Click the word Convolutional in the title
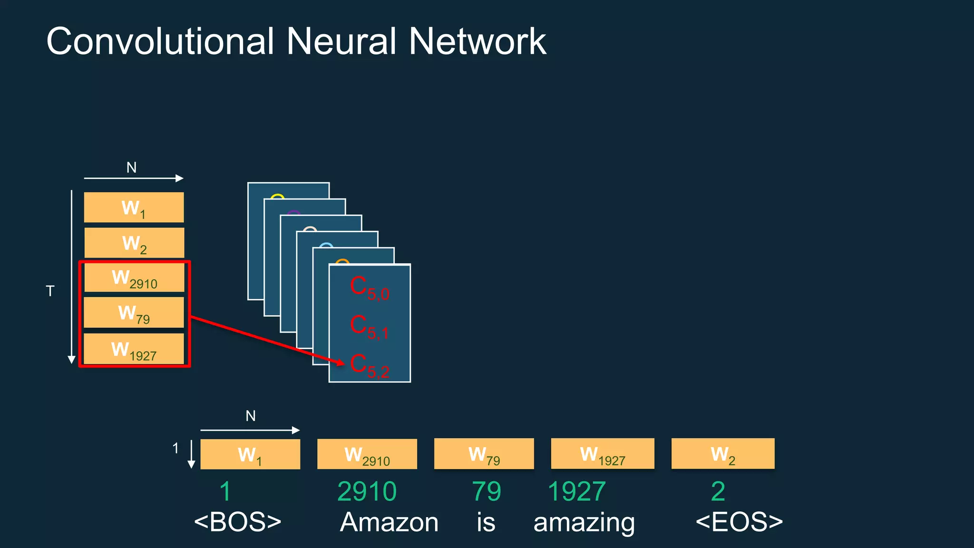(x=160, y=41)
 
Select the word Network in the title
(x=477, y=41)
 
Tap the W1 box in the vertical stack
(x=134, y=207)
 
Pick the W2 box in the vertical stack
(x=134, y=243)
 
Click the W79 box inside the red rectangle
(x=134, y=313)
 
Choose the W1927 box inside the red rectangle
(x=134, y=349)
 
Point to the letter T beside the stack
(x=50, y=291)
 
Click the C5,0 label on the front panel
(x=370, y=288)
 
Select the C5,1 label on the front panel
(x=370, y=327)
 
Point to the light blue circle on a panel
(x=326, y=245)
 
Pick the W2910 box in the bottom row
(x=367, y=454)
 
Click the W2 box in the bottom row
(x=722, y=454)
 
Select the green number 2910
(x=367, y=491)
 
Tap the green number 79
(x=486, y=491)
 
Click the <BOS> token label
(x=237, y=522)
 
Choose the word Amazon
(x=389, y=522)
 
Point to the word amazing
(x=584, y=523)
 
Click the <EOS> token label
(x=739, y=522)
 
